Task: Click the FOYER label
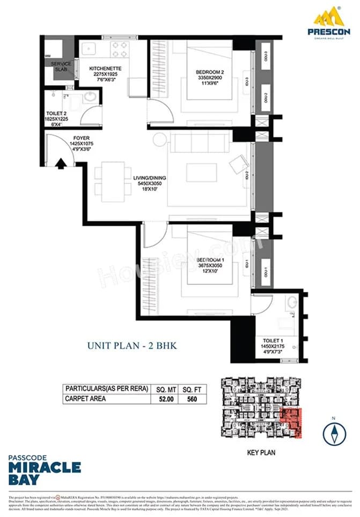tap(81, 138)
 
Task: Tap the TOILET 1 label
tap(274, 341)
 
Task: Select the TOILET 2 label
tap(56, 114)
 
